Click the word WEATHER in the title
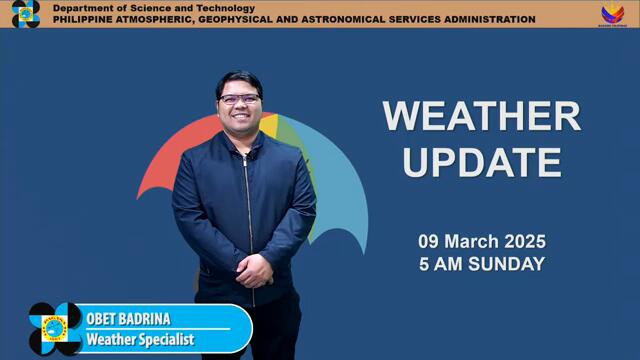click(481, 116)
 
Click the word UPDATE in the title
click(481, 161)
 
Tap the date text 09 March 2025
click(481, 242)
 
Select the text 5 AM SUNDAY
click(481, 264)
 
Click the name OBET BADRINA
click(128, 319)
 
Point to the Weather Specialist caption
click(139, 339)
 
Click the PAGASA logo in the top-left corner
click(25, 14)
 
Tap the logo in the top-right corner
click(612, 14)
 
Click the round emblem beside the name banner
click(54, 328)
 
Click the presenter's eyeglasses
click(240, 99)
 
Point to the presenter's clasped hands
click(252, 269)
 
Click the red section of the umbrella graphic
click(170, 160)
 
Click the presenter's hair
click(239, 80)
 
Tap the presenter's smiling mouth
click(242, 118)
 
